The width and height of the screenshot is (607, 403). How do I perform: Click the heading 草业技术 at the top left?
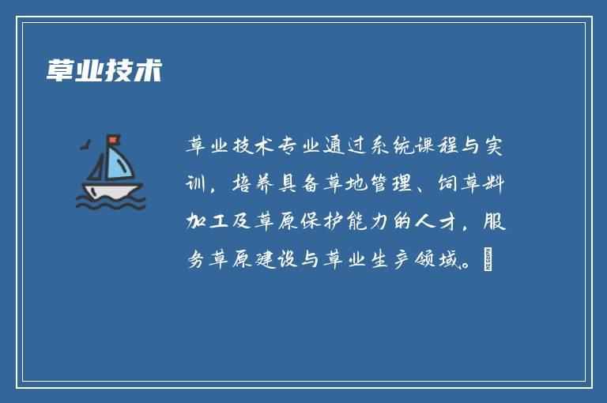(x=104, y=70)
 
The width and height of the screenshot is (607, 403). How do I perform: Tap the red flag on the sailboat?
(x=114, y=141)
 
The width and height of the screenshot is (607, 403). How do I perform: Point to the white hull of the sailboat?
(x=111, y=190)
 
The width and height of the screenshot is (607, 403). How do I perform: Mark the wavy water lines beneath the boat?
(x=111, y=204)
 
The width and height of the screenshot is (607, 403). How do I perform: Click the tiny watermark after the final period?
(x=488, y=258)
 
